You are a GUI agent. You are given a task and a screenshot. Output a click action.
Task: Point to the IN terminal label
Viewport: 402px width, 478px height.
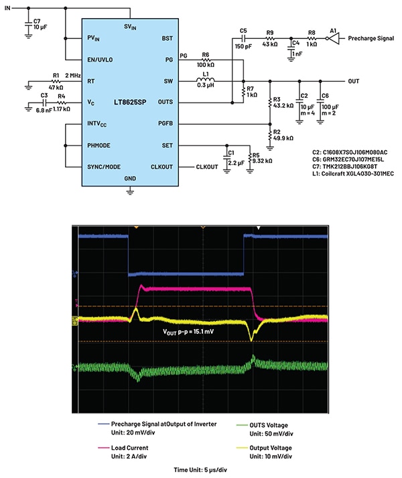[8, 7]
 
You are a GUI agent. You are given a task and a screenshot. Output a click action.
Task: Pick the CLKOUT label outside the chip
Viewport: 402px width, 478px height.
[208, 166]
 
